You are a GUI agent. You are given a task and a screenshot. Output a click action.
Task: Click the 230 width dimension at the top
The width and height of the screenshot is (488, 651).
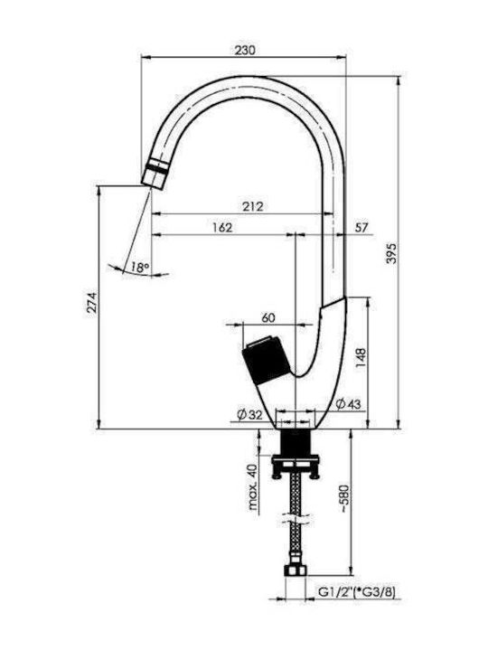(245, 50)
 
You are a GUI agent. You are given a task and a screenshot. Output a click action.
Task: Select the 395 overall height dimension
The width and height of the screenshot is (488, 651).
(391, 253)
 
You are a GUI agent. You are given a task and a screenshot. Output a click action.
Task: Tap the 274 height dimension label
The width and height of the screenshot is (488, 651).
(91, 303)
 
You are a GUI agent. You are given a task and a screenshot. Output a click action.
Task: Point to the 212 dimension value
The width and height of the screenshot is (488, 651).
(253, 206)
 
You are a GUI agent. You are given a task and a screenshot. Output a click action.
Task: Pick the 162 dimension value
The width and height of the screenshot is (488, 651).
(222, 227)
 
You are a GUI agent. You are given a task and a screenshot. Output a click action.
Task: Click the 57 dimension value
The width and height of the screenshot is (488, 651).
(361, 227)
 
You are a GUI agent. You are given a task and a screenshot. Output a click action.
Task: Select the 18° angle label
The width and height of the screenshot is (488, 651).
(140, 267)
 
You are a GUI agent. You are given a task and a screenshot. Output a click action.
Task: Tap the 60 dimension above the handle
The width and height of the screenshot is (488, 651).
(268, 317)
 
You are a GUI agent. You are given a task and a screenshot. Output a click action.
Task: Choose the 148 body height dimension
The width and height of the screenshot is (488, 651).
(361, 358)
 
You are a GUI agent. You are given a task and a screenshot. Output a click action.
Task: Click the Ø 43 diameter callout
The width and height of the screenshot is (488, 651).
(348, 403)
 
